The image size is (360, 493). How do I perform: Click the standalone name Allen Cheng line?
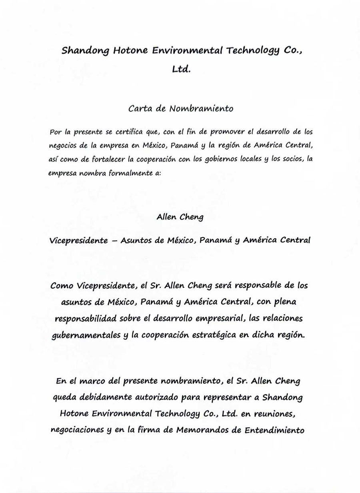[x=180, y=218]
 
